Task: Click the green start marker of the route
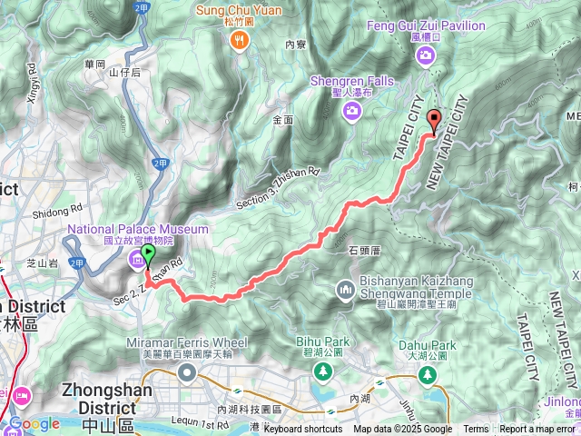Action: coord(149,251)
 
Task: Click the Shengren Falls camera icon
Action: coord(351,111)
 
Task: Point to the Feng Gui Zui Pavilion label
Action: coord(426,26)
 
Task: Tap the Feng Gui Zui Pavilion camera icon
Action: coord(426,57)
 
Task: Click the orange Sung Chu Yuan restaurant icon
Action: coord(240,39)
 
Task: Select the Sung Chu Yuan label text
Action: coord(240,11)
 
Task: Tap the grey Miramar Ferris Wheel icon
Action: coord(187,373)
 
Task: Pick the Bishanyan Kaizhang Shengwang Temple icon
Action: coord(345,291)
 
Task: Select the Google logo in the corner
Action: coord(34,424)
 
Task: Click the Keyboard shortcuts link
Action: coord(303,430)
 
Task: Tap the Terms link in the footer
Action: coord(476,430)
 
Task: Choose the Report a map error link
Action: coord(538,430)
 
